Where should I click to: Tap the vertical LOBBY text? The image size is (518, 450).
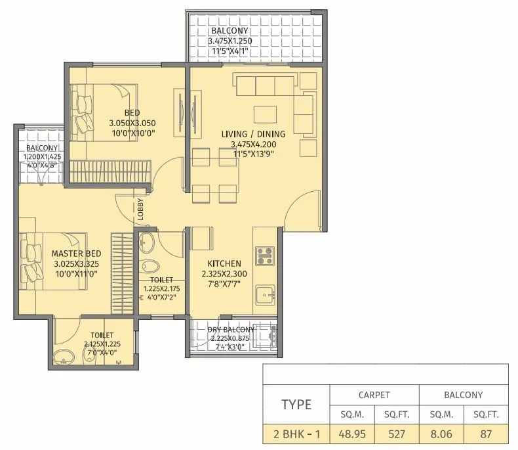(141, 208)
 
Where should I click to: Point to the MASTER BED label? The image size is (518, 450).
(76, 254)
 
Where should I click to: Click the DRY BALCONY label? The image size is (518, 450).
(231, 329)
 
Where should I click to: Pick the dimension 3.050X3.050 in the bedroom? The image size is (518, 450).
(132, 123)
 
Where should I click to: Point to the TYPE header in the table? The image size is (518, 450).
(296, 404)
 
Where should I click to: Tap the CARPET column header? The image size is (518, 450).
(374, 395)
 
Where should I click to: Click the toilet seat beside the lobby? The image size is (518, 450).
(151, 268)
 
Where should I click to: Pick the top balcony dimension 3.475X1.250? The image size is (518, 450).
(230, 41)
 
